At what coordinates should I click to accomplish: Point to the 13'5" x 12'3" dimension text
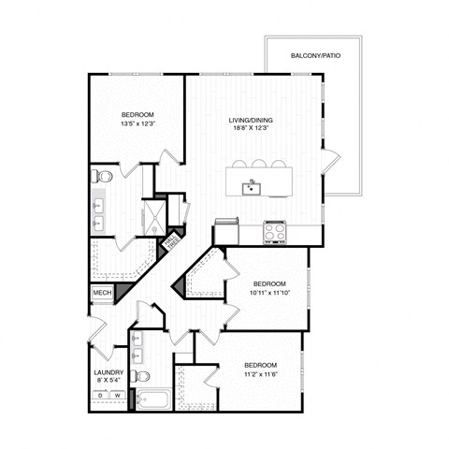click(x=138, y=124)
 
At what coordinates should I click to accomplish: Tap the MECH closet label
click(x=102, y=294)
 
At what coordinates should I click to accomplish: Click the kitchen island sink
click(x=252, y=188)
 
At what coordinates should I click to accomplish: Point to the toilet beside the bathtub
click(x=141, y=376)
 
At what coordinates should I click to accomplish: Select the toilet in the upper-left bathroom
click(x=105, y=176)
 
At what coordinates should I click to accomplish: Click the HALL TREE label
click(x=171, y=244)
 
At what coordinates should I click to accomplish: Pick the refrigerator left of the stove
click(x=227, y=230)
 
